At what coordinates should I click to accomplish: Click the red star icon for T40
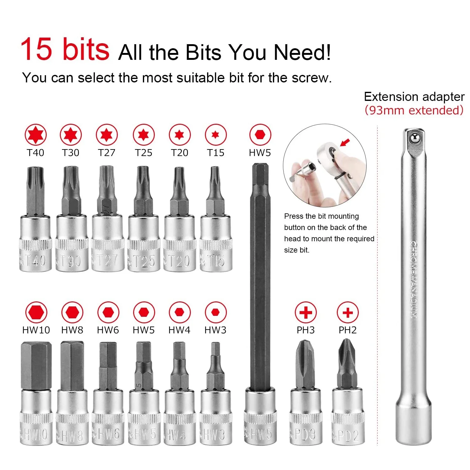[x=36, y=135]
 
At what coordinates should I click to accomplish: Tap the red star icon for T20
[x=180, y=135]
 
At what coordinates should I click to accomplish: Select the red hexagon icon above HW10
[x=36, y=312]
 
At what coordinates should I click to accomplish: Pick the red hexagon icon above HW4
[x=180, y=312]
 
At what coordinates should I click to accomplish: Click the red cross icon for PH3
[x=306, y=312]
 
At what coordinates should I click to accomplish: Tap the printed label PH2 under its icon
[x=347, y=330]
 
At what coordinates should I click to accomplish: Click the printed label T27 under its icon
[x=107, y=153]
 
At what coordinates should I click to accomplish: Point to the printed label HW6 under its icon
[x=108, y=330]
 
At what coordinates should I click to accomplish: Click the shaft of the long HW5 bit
[x=260, y=276]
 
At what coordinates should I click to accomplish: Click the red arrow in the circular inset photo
[x=345, y=143]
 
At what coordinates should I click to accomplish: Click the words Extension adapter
[x=414, y=97]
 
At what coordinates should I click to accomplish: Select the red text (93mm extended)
[x=414, y=110]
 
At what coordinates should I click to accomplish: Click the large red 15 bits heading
[x=65, y=49]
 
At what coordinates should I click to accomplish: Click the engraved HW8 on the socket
[x=72, y=435]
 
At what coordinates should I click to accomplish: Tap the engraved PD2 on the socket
[x=348, y=435]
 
